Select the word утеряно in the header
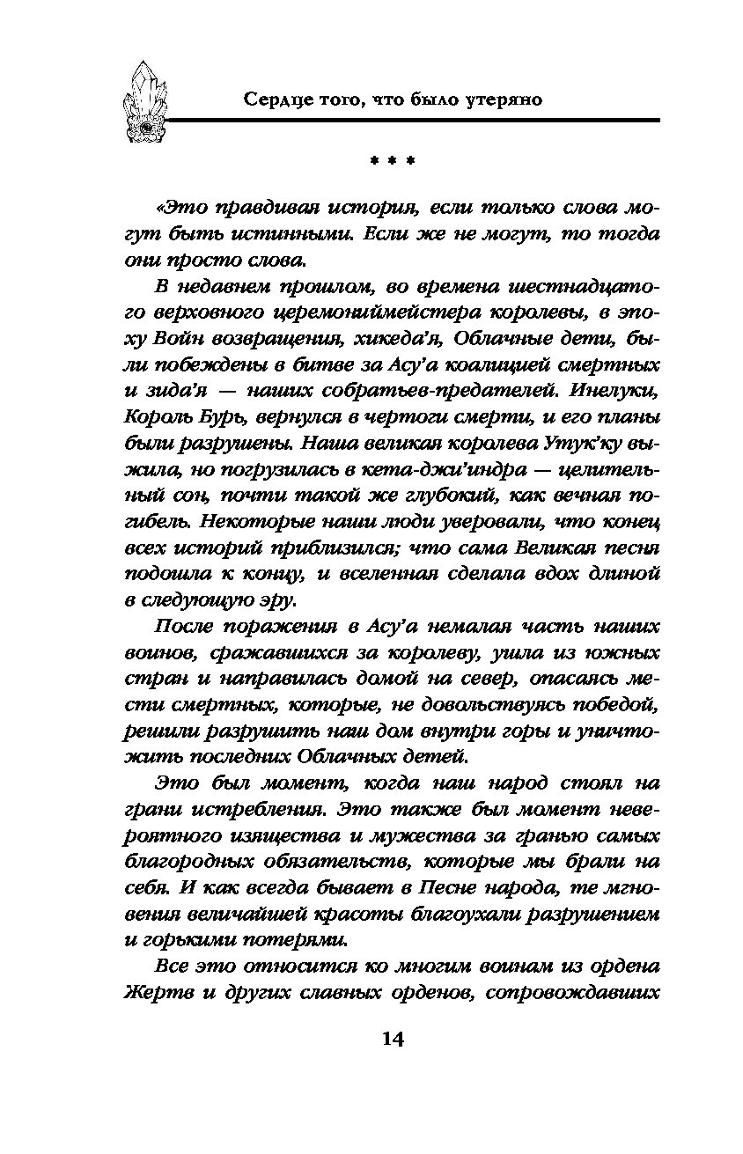tap(500, 99)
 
